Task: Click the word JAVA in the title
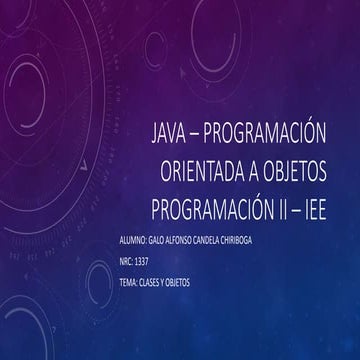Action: click(166, 133)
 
